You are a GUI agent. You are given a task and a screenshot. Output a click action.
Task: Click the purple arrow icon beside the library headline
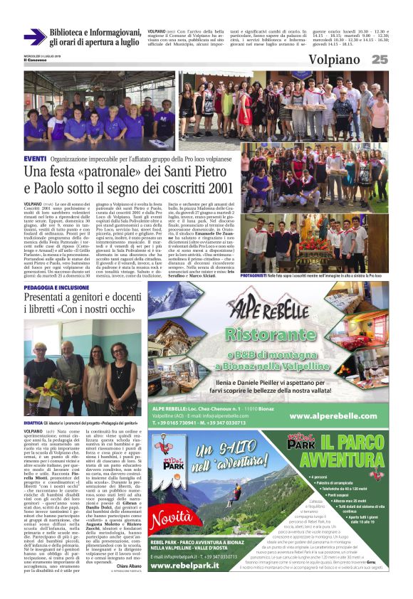pos(35,36)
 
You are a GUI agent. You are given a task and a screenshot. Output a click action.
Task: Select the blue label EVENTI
pos(35,157)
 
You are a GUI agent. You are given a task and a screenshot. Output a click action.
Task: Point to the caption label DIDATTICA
pos(33,423)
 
